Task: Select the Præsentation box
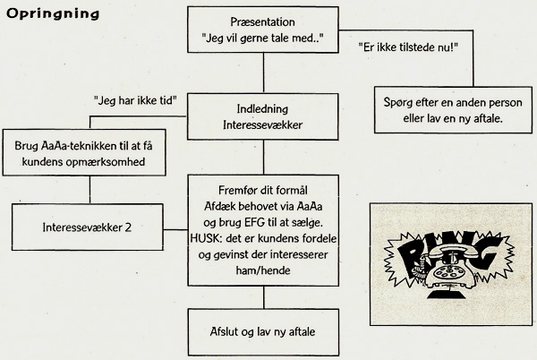pyautogui.click(x=261, y=32)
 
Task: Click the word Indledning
pyautogui.click(x=261, y=110)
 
